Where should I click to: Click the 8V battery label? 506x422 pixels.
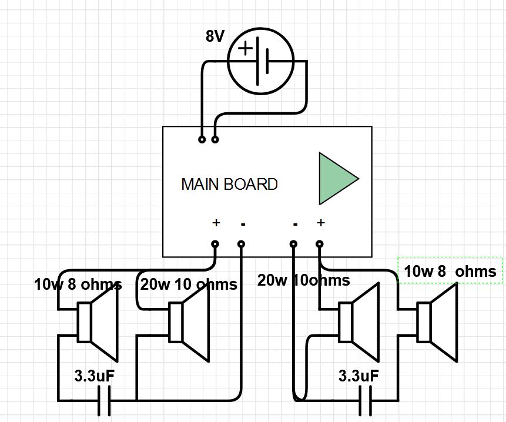[x=215, y=36]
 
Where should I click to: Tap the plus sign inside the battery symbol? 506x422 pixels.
[x=244, y=48]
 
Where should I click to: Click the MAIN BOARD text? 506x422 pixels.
[x=229, y=185]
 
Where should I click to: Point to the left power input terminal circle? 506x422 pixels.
[x=202, y=140]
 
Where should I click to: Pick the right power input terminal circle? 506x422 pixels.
[x=215, y=140]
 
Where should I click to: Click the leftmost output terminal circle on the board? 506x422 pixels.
[x=215, y=244]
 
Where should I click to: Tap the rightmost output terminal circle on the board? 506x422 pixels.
[x=320, y=244]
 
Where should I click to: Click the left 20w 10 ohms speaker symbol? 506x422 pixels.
[x=189, y=323]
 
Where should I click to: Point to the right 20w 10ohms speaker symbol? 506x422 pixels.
[x=358, y=323]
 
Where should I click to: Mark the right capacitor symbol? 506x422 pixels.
[x=366, y=401]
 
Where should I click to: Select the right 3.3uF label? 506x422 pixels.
[x=358, y=376]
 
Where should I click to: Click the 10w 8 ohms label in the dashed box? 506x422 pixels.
[x=450, y=272]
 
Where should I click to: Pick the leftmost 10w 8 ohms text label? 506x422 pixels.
[x=78, y=285]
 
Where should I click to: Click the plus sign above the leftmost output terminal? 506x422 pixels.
[x=216, y=223]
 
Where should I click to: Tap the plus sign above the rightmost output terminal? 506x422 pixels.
[x=321, y=223]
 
